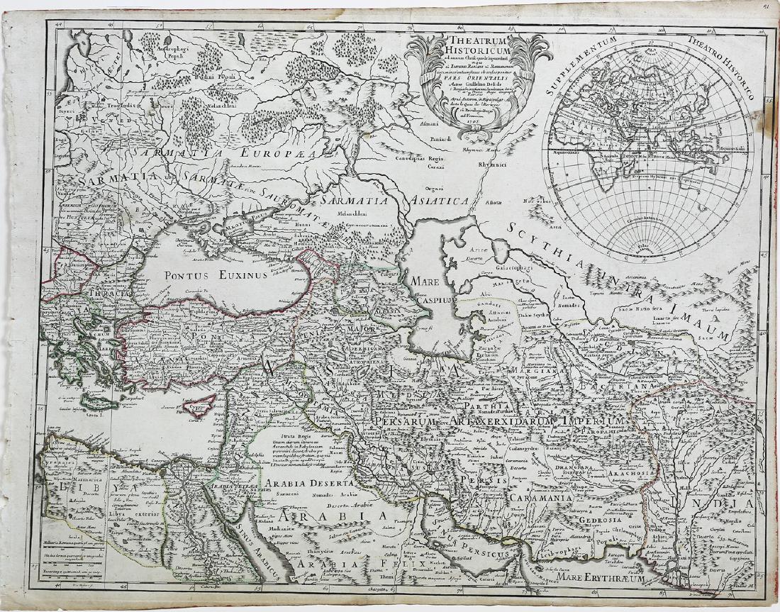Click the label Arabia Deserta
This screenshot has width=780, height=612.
click(x=305, y=484)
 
